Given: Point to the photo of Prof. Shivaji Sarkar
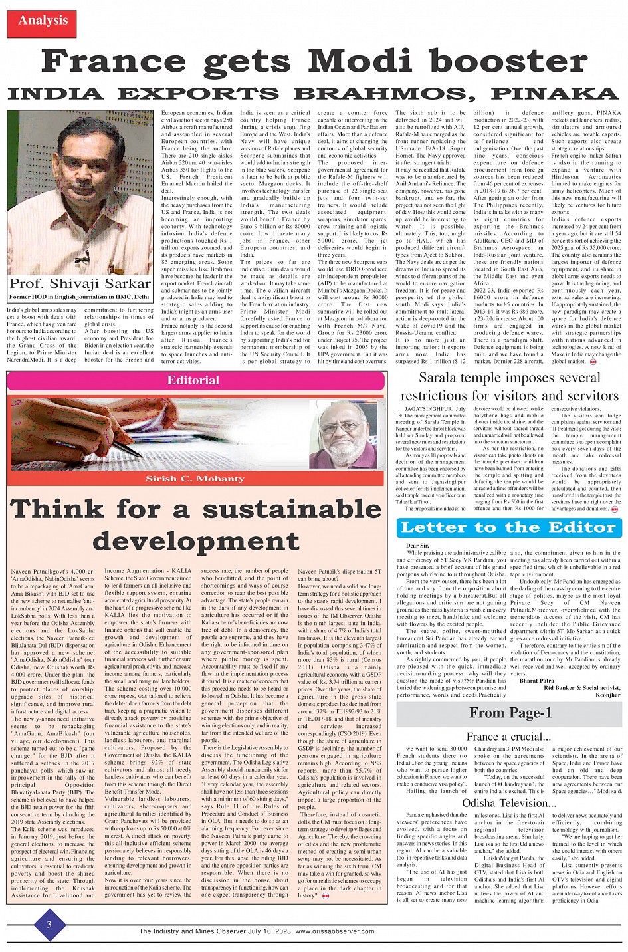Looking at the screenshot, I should click(80, 193).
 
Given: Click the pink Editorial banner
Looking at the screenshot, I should click(195, 380).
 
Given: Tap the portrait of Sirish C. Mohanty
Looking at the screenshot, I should click(342, 435).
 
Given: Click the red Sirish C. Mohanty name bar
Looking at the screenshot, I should click(195, 479).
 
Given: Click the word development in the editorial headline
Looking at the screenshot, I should click(196, 540).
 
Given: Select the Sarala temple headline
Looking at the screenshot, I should click(509, 387).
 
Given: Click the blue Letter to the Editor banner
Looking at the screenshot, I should click(509, 528).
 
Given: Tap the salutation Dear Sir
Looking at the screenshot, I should click(417, 546).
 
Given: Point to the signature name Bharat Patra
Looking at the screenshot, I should click(536, 681).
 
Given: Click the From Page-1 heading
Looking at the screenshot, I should click(510, 713).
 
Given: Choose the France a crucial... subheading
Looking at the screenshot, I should click(508, 736).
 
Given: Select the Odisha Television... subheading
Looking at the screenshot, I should click(509, 803).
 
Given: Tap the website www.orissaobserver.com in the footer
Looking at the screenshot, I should click(335, 931).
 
